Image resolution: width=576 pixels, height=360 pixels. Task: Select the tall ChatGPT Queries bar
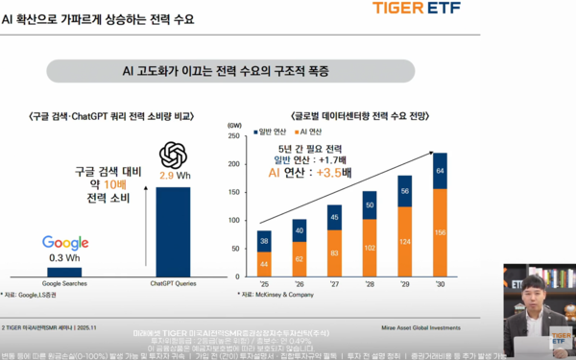[173, 228]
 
